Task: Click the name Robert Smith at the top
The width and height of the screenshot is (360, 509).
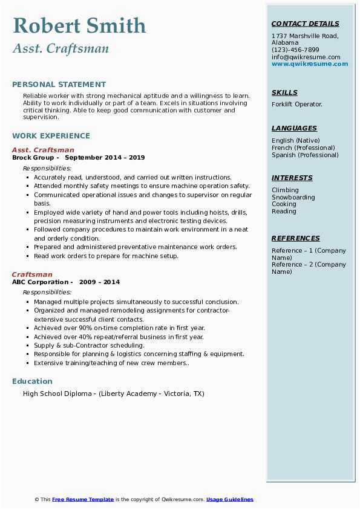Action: (x=79, y=26)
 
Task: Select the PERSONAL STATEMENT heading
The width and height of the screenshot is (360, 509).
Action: (x=59, y=85)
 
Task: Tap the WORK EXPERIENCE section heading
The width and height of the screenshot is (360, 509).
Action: (x=51, y=136)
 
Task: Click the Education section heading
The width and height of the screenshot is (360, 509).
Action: (x=32, y=381)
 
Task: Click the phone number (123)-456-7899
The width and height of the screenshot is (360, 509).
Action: (x=295, y=50)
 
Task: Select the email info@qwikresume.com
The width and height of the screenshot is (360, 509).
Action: (x=306, y=57)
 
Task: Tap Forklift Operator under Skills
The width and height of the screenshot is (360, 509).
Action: (x=297, y=105)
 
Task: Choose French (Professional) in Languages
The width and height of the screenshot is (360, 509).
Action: (x=303, y=148)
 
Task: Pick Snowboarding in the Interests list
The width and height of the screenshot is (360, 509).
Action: (x=293, y=198)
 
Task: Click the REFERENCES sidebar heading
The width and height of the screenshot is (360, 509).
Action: (x=295, y=239)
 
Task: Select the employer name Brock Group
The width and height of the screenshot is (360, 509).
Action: (x=34, y=158)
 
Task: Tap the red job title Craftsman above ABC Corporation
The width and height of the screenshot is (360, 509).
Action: (x=32, y=274)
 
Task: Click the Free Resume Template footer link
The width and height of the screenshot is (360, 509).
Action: (x=83, y=500)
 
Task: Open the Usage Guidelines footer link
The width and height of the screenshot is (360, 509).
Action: (x=229, y=500)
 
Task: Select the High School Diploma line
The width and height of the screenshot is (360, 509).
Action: (x=113, y=394)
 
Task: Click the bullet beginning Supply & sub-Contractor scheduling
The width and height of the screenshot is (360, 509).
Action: (x=89, y=346)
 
